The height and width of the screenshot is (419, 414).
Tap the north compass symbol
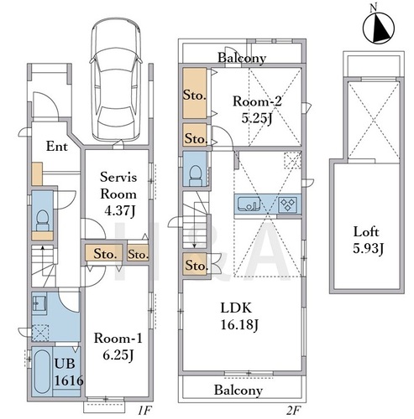click(379, 28)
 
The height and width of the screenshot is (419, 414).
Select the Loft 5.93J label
click(367, 240)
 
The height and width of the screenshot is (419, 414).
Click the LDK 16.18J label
click(239, 316)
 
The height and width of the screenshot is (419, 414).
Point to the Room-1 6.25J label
click(118, 347)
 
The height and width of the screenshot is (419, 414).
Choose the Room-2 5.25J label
click(257, 110)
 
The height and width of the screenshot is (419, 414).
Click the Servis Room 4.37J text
click(118, 194)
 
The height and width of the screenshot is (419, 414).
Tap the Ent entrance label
click(57, 147)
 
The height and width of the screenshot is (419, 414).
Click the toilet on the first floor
click(42, 220)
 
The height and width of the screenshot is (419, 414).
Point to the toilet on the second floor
click(196, 175)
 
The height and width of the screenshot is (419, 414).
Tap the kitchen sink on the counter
click(249, 204)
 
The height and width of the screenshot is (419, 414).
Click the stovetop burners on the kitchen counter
click(287, 204)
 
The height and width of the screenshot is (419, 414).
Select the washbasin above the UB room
click(39, 303)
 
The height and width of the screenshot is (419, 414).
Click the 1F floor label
click(144, 411)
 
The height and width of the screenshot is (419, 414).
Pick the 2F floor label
click(293, 411)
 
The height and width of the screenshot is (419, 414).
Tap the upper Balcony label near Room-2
click(242, 58)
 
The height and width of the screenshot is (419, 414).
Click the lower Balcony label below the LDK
click(238, 391)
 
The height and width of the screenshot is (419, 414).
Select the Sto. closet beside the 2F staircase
click(197, 265)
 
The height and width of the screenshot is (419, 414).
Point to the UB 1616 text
click(69, 372)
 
